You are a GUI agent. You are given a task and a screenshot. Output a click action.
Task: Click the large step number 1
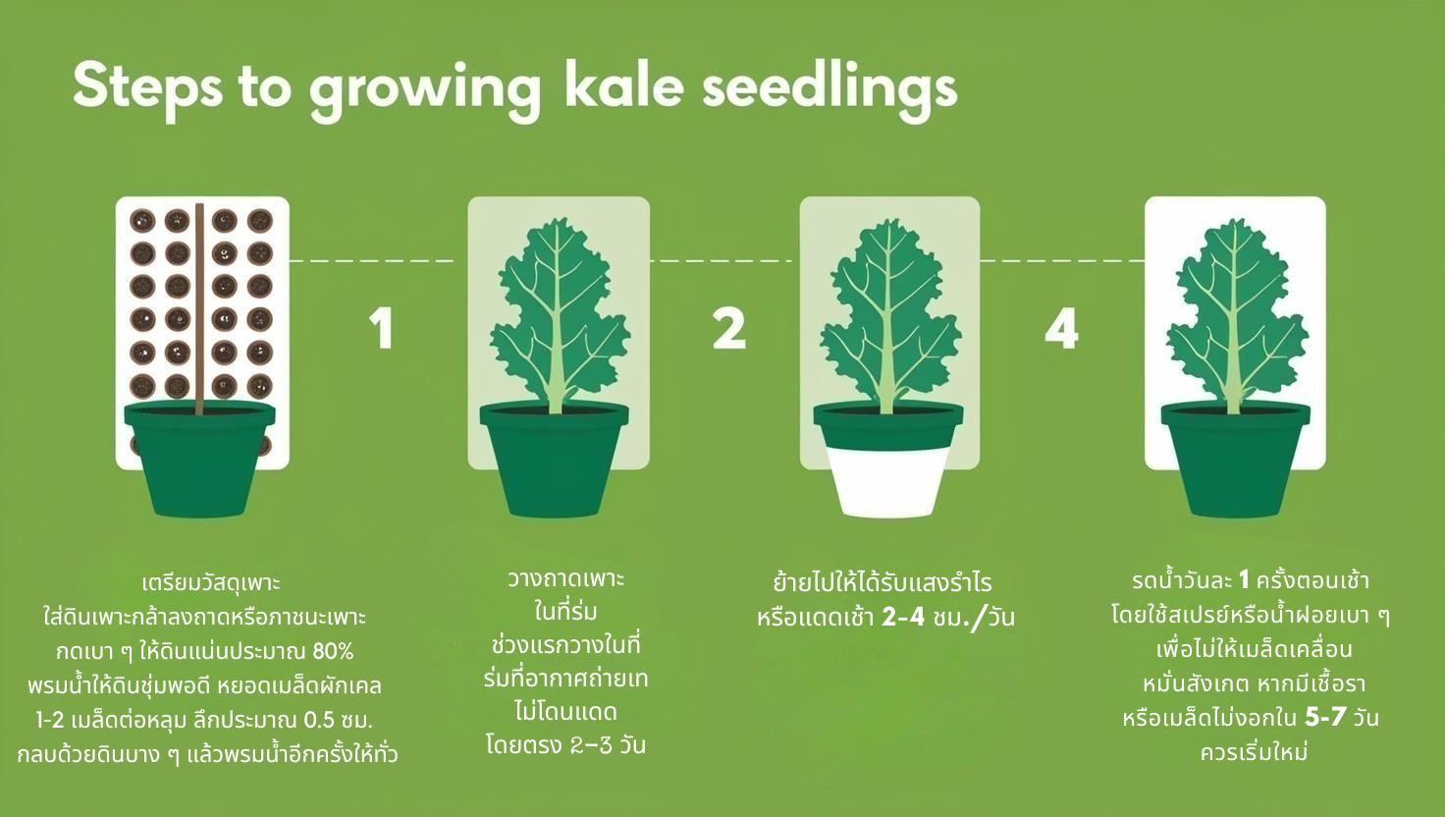[382, 329]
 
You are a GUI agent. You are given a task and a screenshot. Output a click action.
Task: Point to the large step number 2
[729, 329]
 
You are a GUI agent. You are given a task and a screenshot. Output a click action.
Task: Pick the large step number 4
[1061, 329]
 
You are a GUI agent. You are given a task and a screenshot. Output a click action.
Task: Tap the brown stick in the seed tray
[199, 309]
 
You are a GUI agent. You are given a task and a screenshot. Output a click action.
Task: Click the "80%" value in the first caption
[333, 652]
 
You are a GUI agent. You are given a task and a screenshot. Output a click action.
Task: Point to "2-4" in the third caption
[903, 618]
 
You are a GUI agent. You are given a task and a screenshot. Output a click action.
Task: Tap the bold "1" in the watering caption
[1245, 580]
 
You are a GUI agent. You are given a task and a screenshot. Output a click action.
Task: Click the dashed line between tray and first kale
[372, 261]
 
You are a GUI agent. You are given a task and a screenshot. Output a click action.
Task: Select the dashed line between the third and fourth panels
[1062, 261]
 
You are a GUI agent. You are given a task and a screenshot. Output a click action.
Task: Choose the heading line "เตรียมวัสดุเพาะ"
[211, 583]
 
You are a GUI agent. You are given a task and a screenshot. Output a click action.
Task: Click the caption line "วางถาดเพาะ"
[566, 578]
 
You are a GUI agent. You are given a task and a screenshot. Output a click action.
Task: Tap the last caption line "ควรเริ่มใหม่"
[1254, 752]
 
